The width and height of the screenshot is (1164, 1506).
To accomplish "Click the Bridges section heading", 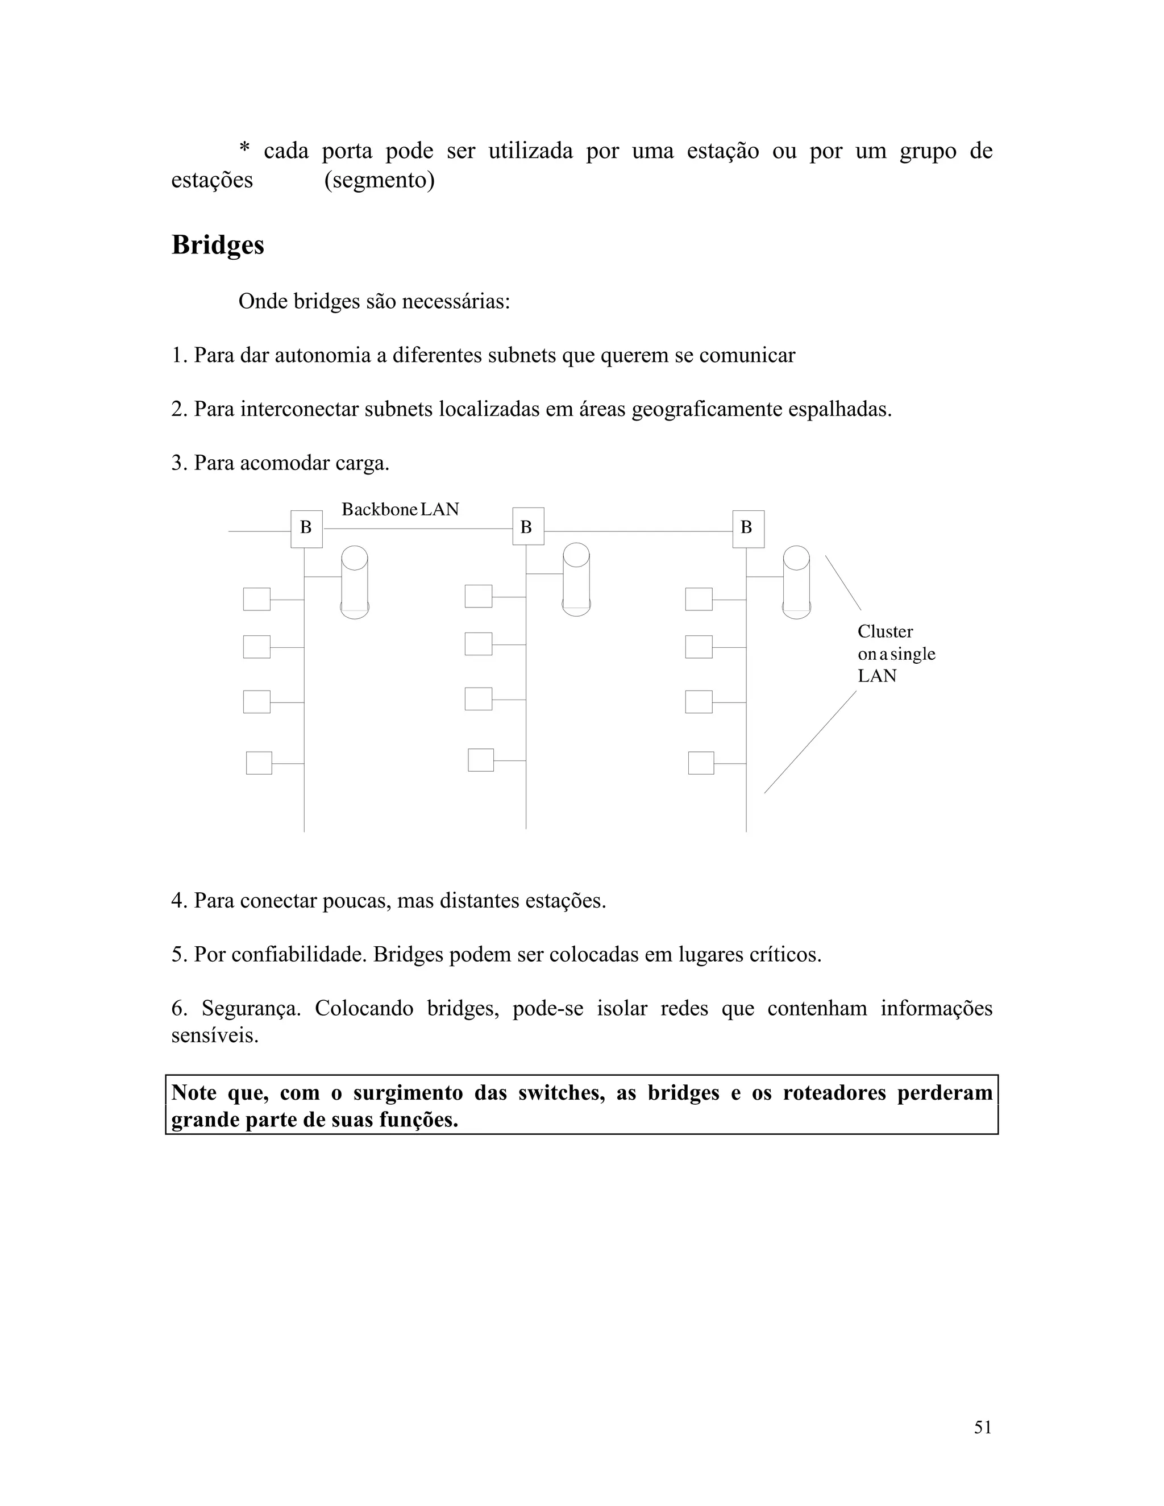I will pos(217,246).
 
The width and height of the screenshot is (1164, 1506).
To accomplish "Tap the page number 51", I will pos(983,1428).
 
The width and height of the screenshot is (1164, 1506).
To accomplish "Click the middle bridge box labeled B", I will pos(527,526).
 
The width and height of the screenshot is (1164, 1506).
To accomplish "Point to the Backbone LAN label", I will pos(400,510).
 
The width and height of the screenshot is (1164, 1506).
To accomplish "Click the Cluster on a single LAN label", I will pos(895,654).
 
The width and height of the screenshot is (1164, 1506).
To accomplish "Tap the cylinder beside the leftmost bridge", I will pos(355,582).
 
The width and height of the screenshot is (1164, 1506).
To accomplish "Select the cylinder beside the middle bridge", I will pos(576,579).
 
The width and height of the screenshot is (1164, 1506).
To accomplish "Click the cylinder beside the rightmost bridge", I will pos(796,582).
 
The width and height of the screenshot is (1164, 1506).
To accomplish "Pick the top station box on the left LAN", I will pos(256,599).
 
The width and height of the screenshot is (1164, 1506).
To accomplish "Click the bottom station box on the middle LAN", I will pos(481,760).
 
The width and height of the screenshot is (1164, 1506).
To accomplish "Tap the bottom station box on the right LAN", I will pos(701,763).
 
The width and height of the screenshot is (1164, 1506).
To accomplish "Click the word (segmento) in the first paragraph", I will pos(379,180).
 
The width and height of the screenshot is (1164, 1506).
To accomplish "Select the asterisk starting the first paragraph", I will pos(244,149).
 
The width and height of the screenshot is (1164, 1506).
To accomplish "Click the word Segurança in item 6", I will pos(251,1008).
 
